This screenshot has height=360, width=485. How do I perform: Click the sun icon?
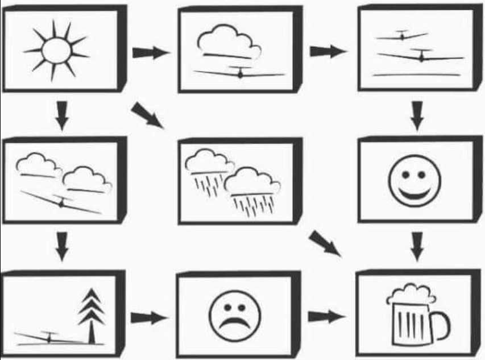(56, 51)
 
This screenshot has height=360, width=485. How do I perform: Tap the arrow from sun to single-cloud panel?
(150, 53)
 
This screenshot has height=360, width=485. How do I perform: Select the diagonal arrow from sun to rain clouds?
(147, 115)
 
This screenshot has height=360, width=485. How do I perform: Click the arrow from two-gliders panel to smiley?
(417, 115)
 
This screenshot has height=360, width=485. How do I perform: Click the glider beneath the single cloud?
(240, 73)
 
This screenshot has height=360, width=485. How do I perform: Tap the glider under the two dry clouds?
(61, 202)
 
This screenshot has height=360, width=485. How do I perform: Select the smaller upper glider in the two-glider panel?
(403, 36)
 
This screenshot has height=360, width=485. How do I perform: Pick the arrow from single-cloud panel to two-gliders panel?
(327, 51)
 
